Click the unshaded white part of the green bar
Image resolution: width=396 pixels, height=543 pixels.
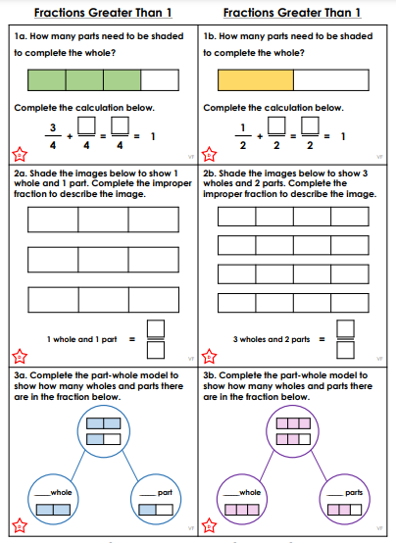point(160,80)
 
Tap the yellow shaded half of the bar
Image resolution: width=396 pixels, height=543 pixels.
point(256,80)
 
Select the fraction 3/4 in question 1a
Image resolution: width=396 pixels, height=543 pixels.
point(53,136)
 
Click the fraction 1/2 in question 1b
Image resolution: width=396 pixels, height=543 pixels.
point(243,136)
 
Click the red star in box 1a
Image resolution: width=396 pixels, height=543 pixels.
point(20,155)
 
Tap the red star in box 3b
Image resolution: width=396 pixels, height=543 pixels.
point(209,525)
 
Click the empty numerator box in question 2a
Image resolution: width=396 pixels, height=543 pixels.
point(156,328)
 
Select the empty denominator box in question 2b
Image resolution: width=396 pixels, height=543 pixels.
point(345,350)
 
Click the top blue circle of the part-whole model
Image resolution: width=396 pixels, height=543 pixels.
point(104,431)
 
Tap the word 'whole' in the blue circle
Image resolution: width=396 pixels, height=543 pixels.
point(61,492)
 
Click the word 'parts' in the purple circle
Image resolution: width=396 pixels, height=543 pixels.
point(354,492)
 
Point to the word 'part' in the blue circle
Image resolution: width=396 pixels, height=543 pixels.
point(165,492)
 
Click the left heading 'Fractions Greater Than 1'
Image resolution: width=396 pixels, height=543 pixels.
point(103,13)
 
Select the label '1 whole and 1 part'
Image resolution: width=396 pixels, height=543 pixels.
point(82,339)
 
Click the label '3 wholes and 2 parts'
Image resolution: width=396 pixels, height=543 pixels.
point(272,339)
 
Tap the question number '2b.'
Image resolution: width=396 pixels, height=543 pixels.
point(210,173)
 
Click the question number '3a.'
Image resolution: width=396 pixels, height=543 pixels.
point(21,375)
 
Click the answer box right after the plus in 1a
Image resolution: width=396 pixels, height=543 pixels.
point(86,125)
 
